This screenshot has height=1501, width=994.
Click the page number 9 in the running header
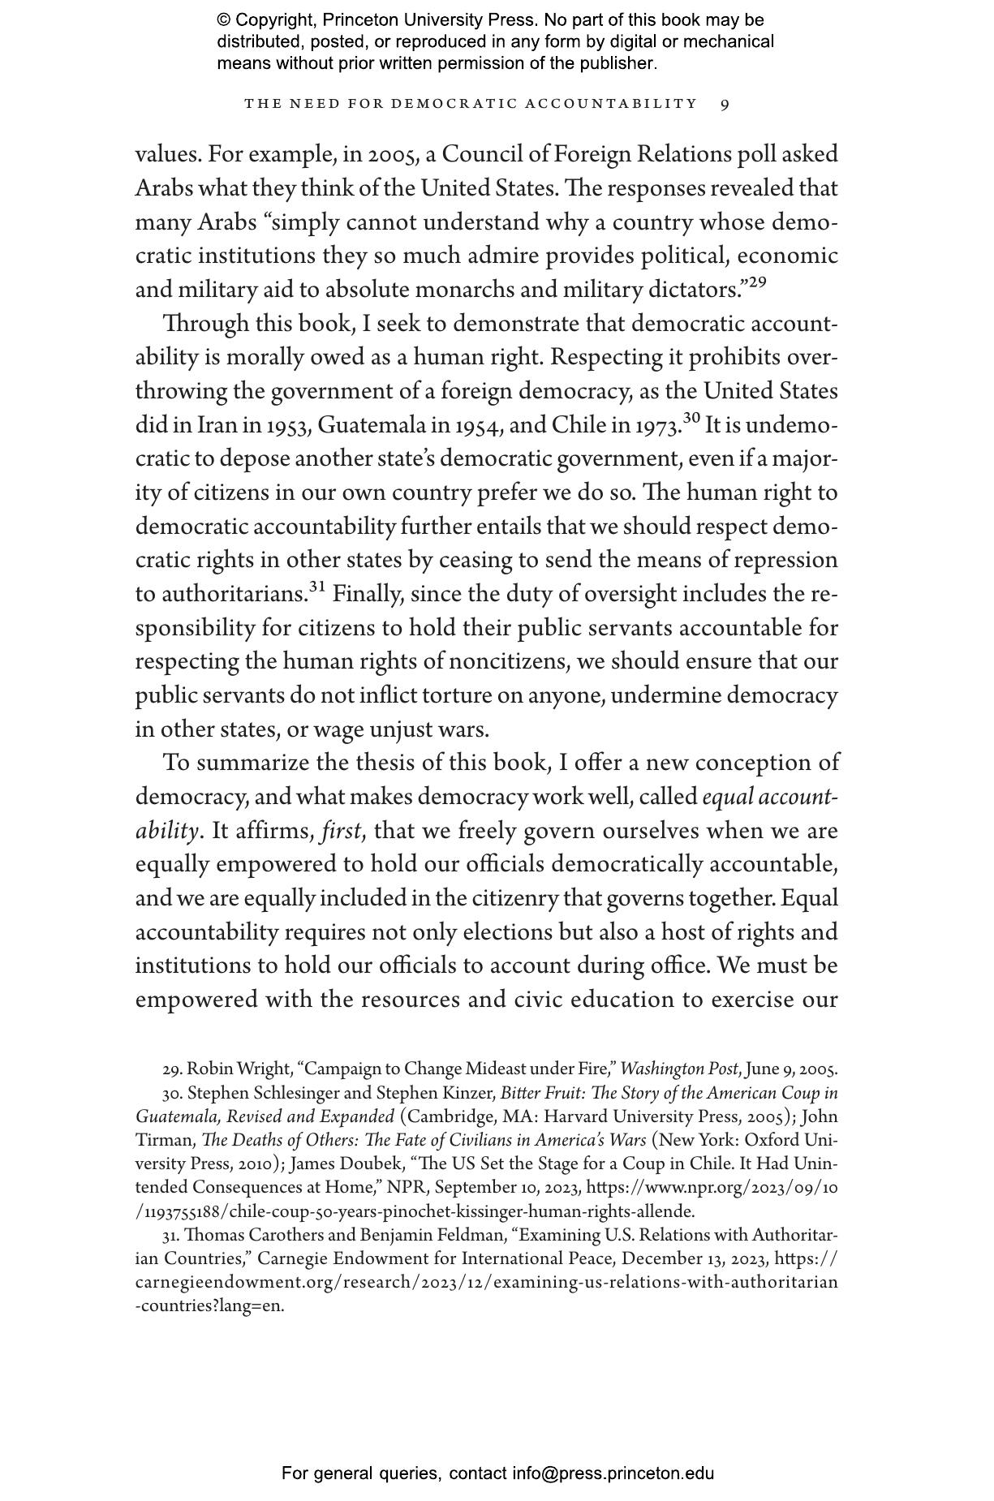[x=725, y=104]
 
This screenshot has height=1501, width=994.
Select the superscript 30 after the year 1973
[x=691, y=418]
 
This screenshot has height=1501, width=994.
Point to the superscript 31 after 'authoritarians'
[x=316, y=587]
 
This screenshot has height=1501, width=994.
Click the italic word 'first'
[x=341, y=831]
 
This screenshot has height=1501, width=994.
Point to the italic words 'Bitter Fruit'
[x=539, y=1093]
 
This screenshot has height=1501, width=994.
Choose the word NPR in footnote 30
[x=401, y=1187]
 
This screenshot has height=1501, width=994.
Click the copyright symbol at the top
[x=225, y=20]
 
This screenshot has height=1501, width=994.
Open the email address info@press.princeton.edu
[x=613, y=1473]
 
